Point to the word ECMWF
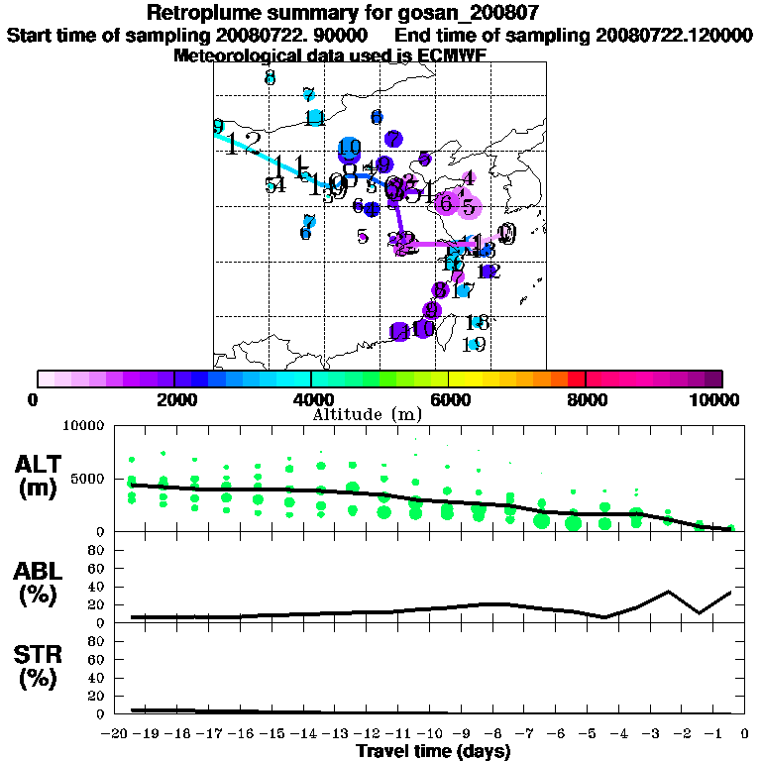pos(452,55)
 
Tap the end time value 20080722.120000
pos(673,35)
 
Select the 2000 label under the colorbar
pos(174,399)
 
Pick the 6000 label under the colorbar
pos(449,399)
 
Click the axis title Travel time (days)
pos(433,751)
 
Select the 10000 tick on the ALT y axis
pos(84,426)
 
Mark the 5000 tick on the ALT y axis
pos(88,479)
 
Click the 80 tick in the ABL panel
pos(98,549)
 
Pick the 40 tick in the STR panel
pos(98,677)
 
